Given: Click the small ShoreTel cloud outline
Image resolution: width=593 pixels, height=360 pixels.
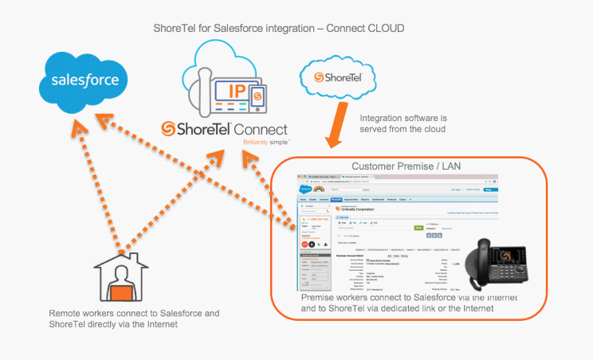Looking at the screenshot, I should [333, 79].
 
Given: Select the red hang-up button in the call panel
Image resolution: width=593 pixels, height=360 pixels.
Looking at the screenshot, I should [306, 244].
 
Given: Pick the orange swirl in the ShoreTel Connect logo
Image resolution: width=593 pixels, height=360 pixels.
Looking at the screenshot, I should [167, 129].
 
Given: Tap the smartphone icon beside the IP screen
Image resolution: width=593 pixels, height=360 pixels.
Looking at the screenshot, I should [257, 97].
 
